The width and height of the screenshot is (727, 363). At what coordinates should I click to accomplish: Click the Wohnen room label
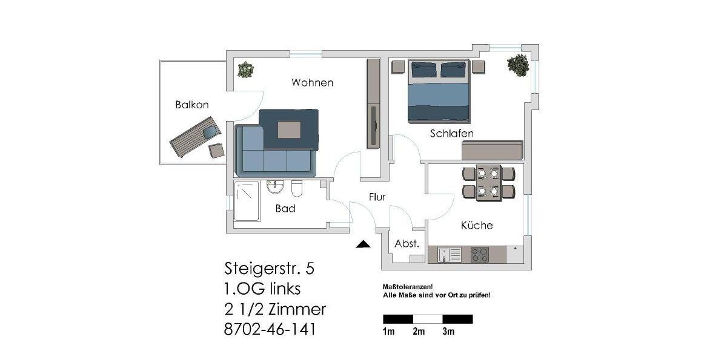(x=312, y=82)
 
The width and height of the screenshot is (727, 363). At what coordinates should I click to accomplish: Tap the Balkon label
(x=192, y=105)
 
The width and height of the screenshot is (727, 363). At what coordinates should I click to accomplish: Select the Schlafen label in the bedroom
(x=452, y=133)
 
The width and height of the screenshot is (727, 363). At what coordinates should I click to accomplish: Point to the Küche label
(x=477, y=225)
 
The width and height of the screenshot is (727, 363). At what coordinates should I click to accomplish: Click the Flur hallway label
(x=377, y=197)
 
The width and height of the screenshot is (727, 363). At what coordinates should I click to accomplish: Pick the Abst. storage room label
(x=407, y=244)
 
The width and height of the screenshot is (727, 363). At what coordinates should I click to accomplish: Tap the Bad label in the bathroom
(x=285, y=209)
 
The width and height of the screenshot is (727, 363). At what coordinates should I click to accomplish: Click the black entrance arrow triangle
(x=363, y=244)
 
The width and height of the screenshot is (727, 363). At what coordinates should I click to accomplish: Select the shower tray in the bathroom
(x=247, y=201)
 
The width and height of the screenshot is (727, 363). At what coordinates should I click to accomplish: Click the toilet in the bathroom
(x=297, y=189)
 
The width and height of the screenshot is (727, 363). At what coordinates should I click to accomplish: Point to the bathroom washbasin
(x=275, y=187)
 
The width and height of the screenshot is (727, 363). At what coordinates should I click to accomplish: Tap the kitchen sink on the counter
(x=449, y=255)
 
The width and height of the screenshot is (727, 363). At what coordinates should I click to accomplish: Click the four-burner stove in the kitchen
(x=480, y=255)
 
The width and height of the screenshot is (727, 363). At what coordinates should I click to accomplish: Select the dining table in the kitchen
(x=488, y=183)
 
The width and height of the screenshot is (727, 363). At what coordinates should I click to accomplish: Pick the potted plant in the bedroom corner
(x=518, y=65)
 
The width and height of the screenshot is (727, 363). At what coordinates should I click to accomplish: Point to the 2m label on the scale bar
(x=419, y=332)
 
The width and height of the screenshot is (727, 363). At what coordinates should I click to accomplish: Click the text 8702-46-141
(x=270, y=330)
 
